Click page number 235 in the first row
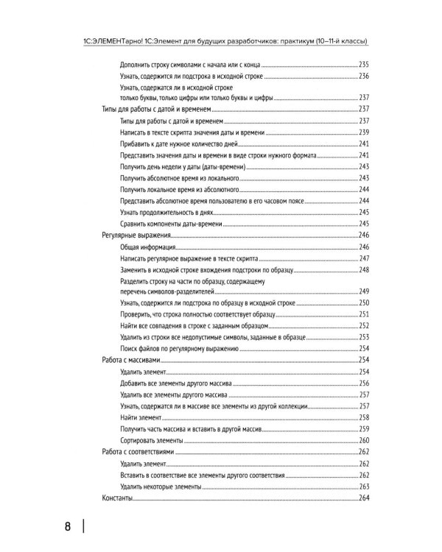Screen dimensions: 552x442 click(362, 65)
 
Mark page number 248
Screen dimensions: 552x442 click(362, 269)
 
